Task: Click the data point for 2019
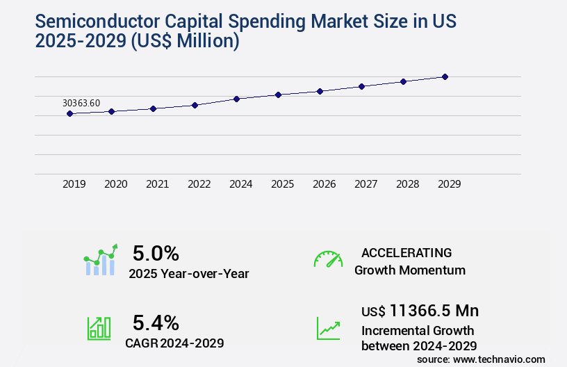point(69,113)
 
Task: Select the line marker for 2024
point(236,99)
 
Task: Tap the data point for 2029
point(445,76)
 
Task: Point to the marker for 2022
point(195,105)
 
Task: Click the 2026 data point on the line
point(320,91)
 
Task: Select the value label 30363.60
point(81,103)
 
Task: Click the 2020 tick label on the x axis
point(116,184)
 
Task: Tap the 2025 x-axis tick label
point(282,184)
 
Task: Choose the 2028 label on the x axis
point(407,184)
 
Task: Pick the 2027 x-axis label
point(365,184)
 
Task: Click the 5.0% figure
point(156,253)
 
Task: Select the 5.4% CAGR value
point(156,323)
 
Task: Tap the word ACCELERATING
point(406,253)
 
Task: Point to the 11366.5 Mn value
point(434,310)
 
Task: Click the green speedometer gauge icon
point(328,259)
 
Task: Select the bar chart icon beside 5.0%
point(101,260)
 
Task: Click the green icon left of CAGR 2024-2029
point(98,328)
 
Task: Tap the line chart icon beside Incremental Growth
point(328,328)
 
